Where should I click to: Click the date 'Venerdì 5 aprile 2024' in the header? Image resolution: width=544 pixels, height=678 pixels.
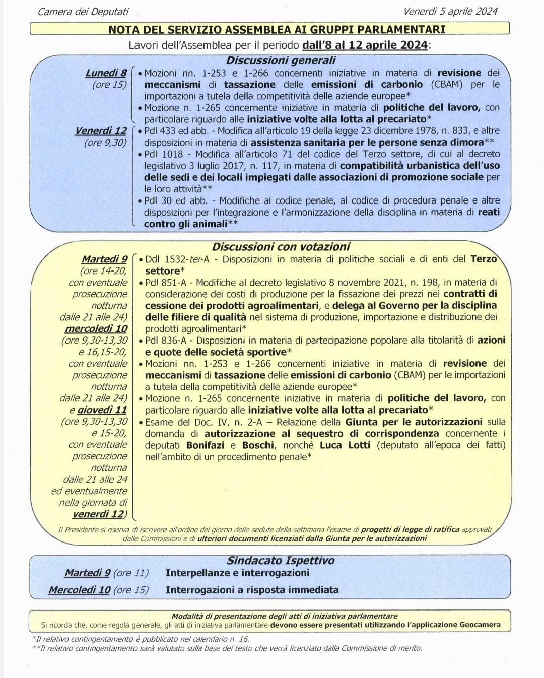tap(450, 11)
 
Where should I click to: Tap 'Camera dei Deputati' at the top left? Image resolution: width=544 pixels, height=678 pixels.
tap(83, 12)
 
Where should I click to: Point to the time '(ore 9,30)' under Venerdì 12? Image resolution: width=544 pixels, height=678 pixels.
tap(105, 143)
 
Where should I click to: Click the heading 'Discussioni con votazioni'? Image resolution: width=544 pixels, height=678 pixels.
tap(281, 247)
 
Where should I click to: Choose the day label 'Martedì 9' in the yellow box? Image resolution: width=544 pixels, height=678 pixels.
tap(104, 259)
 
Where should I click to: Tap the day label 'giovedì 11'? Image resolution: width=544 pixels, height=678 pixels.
tap(102, 410)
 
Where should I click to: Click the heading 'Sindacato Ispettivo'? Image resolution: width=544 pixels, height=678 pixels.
tap(281, 560)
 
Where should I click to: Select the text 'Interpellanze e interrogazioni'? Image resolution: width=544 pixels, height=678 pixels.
tap(237, 573)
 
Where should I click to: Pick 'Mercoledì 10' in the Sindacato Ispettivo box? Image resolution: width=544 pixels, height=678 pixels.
tap(79, 590)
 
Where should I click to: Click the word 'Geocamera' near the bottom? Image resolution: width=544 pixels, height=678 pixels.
tap(480, 625)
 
